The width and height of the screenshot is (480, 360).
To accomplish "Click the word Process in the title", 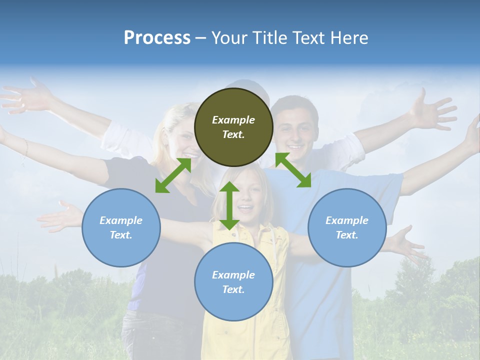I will point(157,38).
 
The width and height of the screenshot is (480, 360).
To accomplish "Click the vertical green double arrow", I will point(229,205).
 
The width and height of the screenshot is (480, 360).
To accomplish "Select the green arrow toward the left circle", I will point(173,175).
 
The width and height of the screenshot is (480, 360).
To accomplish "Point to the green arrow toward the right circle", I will point(293,170).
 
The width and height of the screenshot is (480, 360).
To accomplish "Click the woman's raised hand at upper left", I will point(30,95).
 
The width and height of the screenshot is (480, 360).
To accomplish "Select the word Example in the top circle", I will point(233,120).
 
